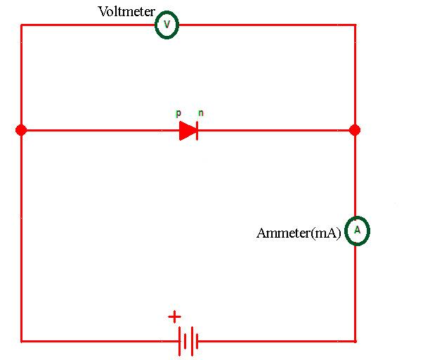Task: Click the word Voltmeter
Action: [x=126, y=12]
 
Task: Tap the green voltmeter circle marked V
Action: [x=167, y=25]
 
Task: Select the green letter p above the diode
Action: [x=178, y=113]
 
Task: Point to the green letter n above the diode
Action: [x=201, y=113]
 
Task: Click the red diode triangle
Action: [x=187, y=130]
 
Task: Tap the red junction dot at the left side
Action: [x=21, y=130]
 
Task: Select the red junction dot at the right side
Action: [x=355, y=130]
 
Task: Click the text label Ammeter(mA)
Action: [x=299, y=233]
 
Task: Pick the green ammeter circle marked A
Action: [x=357, y=231]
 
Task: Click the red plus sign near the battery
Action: [x=174, y=317]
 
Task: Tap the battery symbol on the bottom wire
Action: [x=188, y=341]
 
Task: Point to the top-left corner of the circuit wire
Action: [x=21, y=25]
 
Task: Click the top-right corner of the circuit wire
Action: [x=355, y=25]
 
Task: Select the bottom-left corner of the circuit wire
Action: [x=21, y=341]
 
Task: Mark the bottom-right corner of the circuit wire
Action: [x=355, y=341]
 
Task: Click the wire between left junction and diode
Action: [x=98, y=130]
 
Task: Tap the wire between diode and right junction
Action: [x=274, y=130]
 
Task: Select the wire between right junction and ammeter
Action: [x=355, y=176]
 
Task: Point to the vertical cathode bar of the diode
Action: [x=197, y=130]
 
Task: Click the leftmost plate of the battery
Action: [x=179, y=341]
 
